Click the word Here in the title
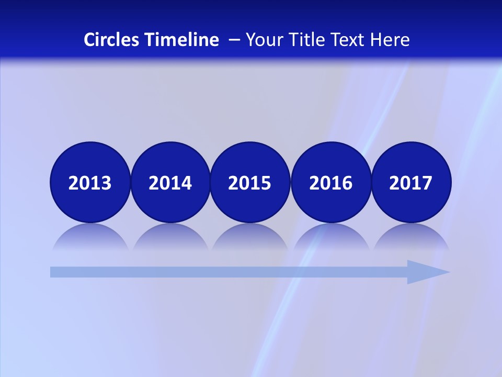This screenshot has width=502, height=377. click(390, 40)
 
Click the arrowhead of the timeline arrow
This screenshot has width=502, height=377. click(429, 272)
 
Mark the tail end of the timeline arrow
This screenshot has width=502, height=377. click(53, 272)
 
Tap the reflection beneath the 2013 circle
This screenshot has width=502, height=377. click(90, 237)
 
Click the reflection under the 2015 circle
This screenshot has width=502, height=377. click(250, 237)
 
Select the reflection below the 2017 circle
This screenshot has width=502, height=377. click(411, 237)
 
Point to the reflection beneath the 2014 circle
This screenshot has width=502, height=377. click(170, 237)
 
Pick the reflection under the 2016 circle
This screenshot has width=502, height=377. click(331, 237)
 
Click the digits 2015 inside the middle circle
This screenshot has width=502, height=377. click(250, 183)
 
